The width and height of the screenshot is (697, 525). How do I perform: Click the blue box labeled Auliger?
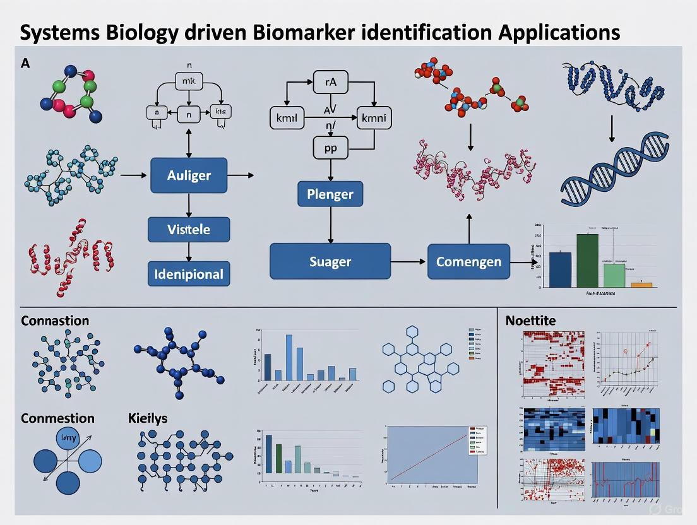pos(188,175)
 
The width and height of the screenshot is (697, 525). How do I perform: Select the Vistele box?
pos(188,229)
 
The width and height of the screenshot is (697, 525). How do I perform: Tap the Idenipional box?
pos(188,274)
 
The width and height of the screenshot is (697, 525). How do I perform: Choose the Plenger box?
pos(330,193)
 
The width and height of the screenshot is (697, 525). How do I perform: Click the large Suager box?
pos(330,261)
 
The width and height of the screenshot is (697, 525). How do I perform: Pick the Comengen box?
pos(468,261)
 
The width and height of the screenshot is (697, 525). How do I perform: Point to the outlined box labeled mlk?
pos(188,83)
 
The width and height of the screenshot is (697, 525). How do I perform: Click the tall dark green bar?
pos(587,261)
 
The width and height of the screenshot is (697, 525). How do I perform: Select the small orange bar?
pos(641,285)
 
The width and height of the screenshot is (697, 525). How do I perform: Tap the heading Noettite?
pos(530,321)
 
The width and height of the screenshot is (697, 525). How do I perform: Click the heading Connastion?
pos(55,321)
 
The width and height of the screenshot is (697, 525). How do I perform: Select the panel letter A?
pos(26,63)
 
